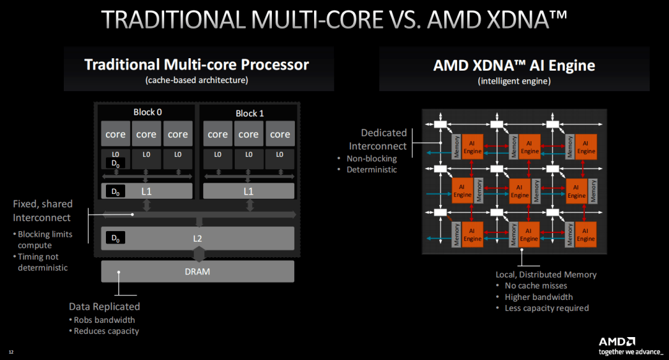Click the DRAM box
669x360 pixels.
pyautogui.click(x=198, y=271)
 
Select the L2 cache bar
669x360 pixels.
pyautogui.click(x=198, y=238)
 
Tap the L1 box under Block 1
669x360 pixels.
pyautogui.click(x=248, y=191)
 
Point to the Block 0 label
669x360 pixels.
pyautogui.click(x=147, y=113)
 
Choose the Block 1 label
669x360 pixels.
pyautogui.click(x=250, y=113)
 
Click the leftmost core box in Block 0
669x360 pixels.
pyautogui.click(x=115, y=134)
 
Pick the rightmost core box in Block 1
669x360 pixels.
pyautogui.click(x=280, y=134)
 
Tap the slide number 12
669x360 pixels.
pyautogui.click(x=11, y=353)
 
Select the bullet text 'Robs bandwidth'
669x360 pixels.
pyautogui.click(x=104, y=320)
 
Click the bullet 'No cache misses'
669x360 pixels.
pyautogui.click(x=535, y=286)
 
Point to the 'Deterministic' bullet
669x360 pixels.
pyautogui.click(x=372, y=169)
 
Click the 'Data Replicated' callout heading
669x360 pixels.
pyautogui.click(x=104, y=306)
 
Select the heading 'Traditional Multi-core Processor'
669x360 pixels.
pyautogui.click(x=196, y=64)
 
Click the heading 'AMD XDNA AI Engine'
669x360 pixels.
pyautogui.click(x=514, y=66)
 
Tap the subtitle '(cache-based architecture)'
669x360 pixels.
pyautogui.click(x=196, y=81)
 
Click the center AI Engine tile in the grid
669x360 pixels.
pyautogui.click(x=519, y=191)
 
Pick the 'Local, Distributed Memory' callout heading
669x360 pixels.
pyautogui.click(x=546, y=274)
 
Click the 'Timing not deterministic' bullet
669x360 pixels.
pyautogui.click(x=43, y=262)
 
